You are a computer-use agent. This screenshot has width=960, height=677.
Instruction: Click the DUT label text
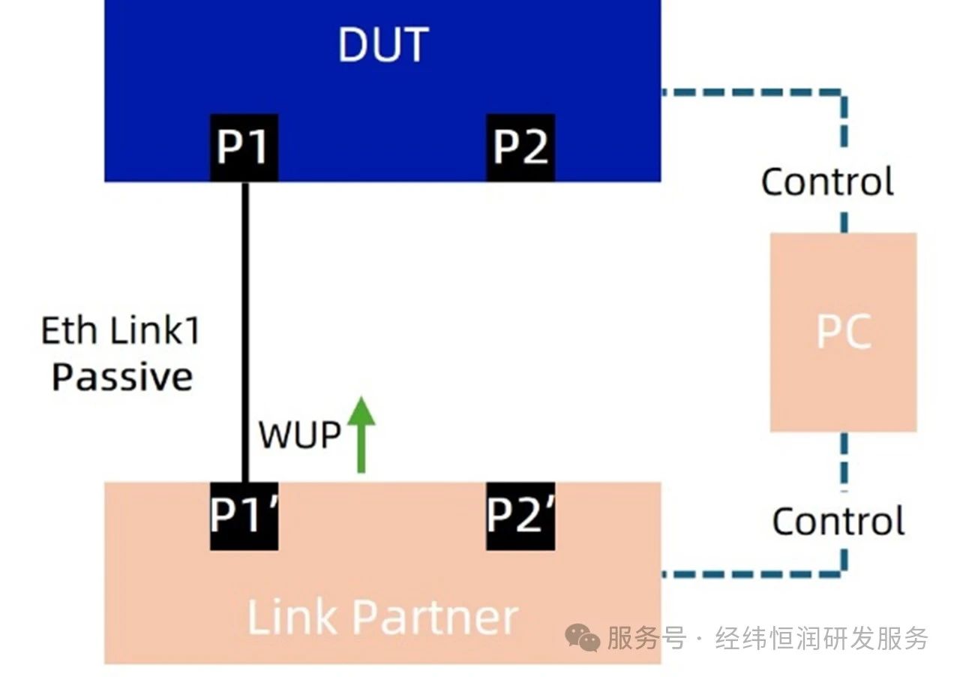(383, 44)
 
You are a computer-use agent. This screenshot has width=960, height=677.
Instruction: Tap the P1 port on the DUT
(244, 148)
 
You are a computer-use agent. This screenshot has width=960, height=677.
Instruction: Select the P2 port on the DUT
(520, 148)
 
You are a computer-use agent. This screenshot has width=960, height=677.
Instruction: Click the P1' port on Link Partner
(244, 516)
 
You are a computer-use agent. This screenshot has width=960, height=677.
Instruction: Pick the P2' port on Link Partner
(520, 516)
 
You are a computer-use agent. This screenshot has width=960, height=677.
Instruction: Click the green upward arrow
(361, 434)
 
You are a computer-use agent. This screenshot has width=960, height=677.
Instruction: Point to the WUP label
(299, 435)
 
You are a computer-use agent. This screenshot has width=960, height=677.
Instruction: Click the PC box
(844, 332)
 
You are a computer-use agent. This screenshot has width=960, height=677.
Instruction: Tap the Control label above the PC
(827, 182)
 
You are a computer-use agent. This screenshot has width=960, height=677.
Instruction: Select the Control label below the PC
(838, 521)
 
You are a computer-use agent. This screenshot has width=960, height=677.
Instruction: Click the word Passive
(122, 378)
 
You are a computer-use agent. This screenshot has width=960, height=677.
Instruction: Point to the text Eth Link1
(121, 330)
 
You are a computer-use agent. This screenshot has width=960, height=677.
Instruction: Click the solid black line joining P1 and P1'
(245, 332)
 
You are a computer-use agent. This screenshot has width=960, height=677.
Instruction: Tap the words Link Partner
(383, 617)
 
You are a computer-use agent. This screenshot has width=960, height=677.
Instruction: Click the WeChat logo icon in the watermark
(583, 638)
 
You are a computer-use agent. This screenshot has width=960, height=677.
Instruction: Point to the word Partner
(436, 617)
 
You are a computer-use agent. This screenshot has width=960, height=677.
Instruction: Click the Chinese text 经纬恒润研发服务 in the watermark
(821, 639)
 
